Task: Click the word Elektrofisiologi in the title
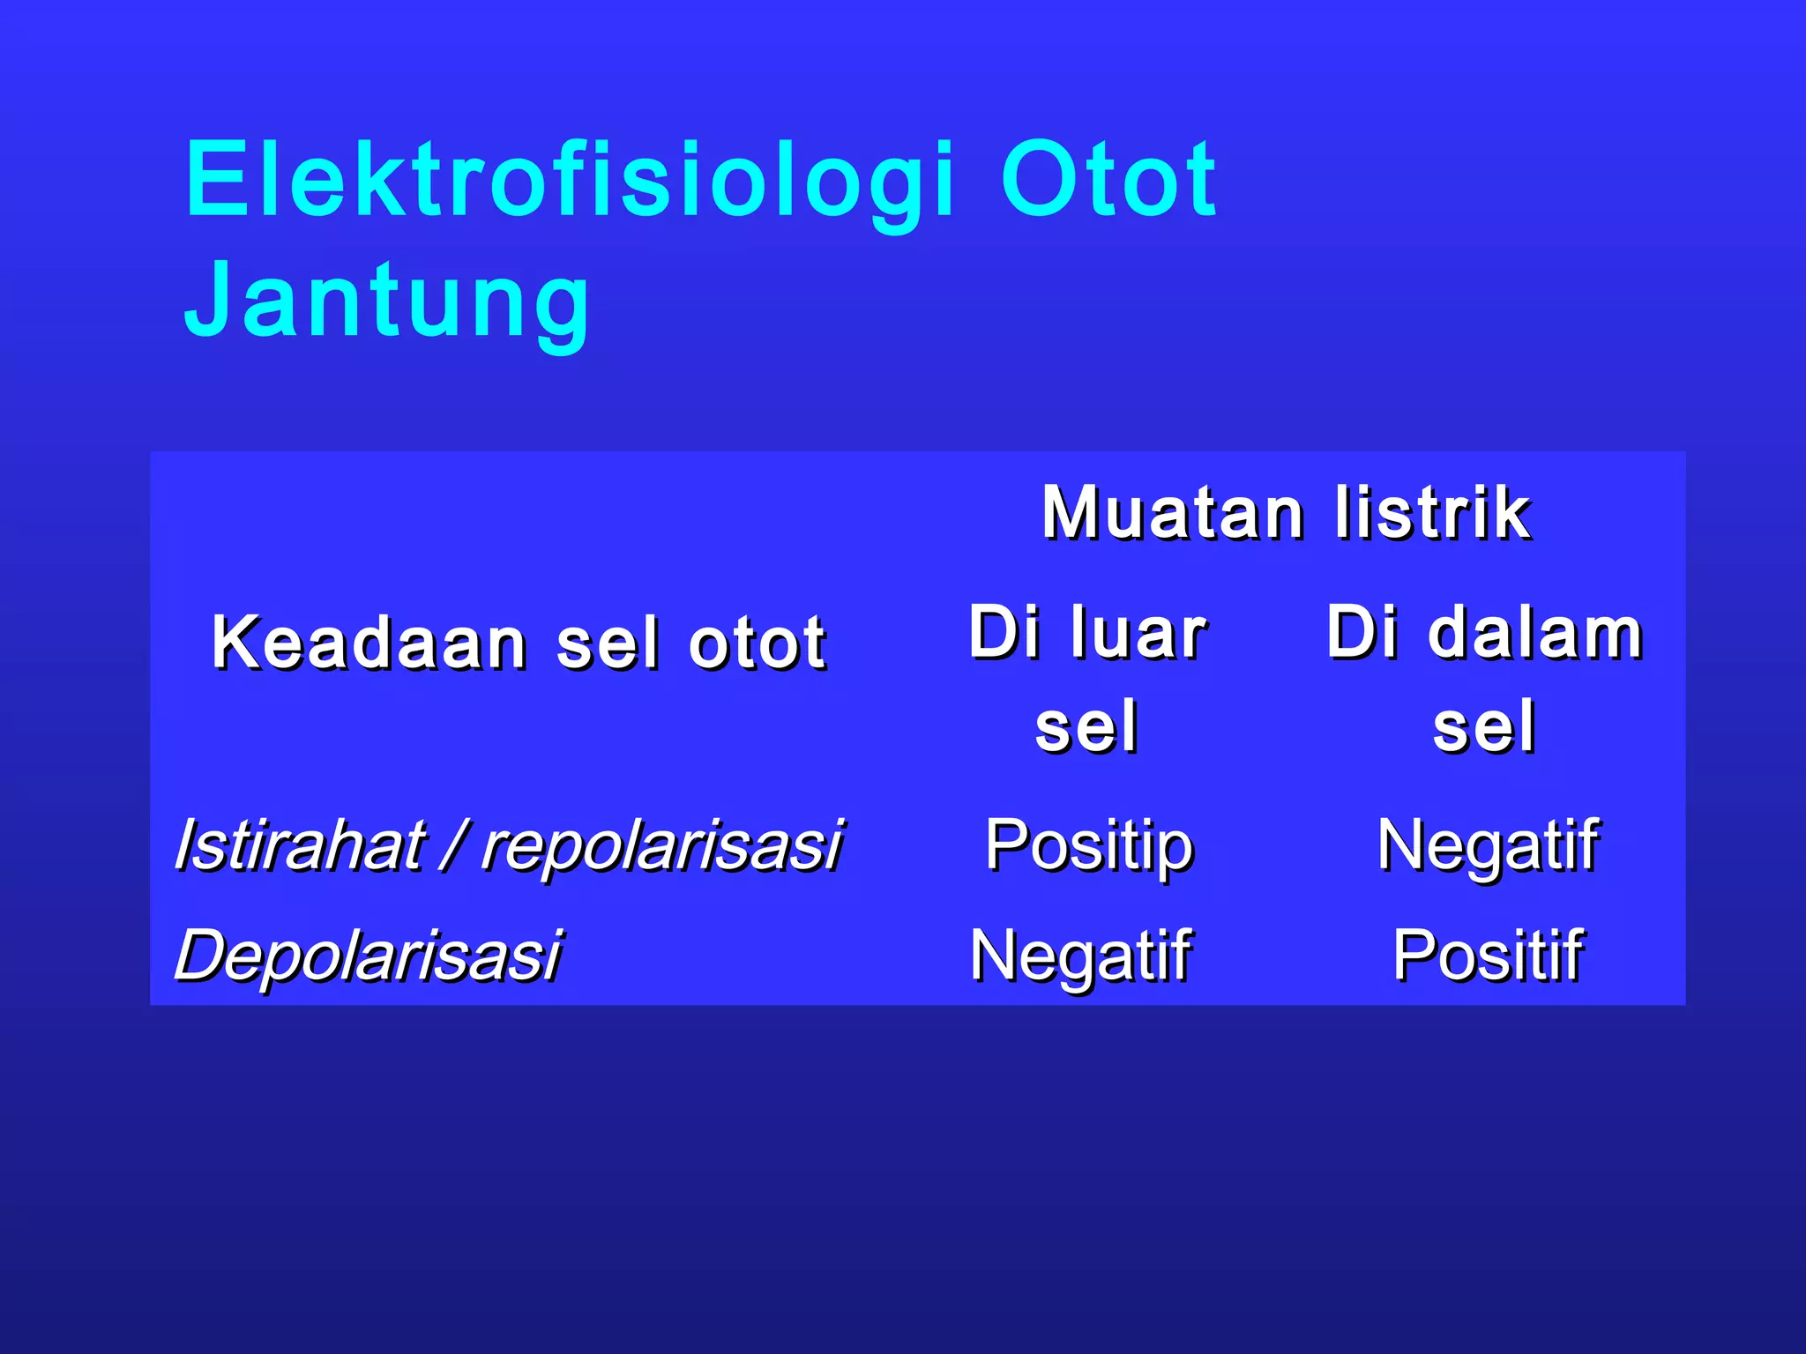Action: [570, 181]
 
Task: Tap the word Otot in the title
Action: [1108, 181]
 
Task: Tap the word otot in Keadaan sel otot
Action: [757, 643]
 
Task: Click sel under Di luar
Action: [1086, 727]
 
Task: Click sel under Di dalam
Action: [1484, 727]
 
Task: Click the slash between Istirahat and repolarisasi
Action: [454, 845]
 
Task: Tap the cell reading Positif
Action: [1488, 956]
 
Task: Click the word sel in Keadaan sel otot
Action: [608, 643]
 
